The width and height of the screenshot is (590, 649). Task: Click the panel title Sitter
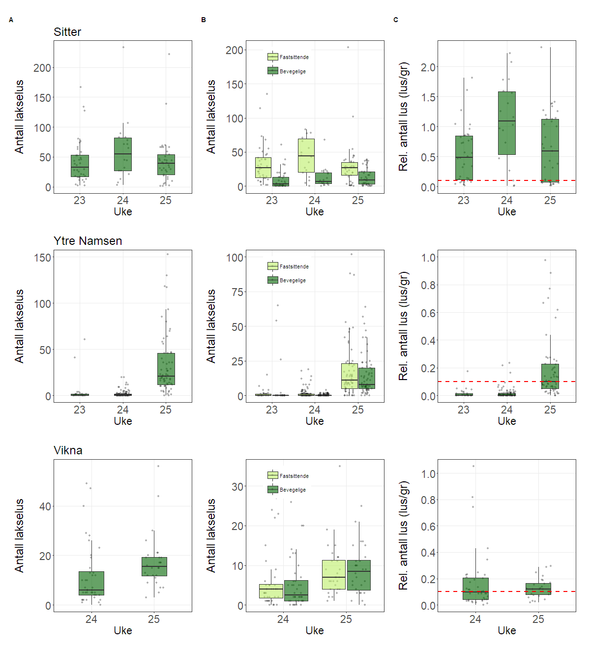coord(67,32)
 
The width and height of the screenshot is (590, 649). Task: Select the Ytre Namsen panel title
coord(88,241)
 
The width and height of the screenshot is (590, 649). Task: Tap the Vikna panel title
coord(68,450)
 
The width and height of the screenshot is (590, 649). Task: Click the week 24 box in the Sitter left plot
coord(123,154)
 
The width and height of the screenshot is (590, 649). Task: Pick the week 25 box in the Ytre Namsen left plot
coord(166,369)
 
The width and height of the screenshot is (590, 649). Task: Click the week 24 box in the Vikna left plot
coord(91,583)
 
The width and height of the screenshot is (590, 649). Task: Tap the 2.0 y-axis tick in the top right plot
coord(428,67)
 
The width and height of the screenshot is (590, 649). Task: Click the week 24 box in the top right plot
coord(507,123)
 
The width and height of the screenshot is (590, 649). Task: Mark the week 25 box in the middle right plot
coord(550,376)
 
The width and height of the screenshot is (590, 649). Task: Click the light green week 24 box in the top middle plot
coord(306,155)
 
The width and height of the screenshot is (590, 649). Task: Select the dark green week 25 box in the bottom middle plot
coord(359,575)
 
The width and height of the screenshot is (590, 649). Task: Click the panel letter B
coord(204,20)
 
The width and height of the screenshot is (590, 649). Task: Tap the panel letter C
coord(396,20)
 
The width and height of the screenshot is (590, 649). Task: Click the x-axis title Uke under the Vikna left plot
coord(123,630)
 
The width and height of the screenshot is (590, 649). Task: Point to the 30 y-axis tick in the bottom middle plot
coord(237,487)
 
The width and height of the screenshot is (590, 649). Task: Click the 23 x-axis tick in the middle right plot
coord(464,410)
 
